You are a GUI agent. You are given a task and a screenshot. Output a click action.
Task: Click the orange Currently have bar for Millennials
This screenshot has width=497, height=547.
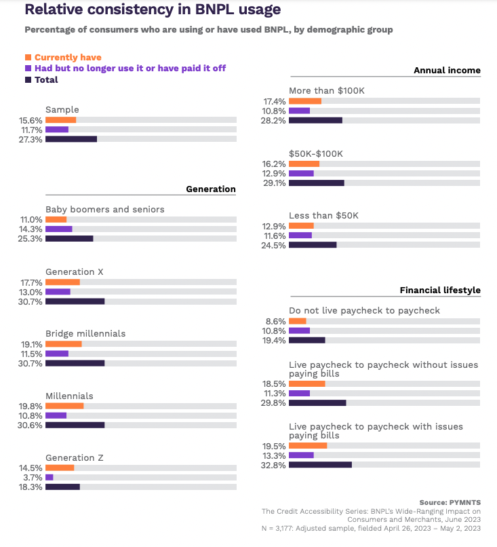click(64, 406)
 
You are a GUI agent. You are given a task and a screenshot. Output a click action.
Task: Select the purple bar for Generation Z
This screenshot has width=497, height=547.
click(49, 477)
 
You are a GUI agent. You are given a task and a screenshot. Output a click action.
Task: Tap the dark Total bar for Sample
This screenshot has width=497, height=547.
click(71, 139)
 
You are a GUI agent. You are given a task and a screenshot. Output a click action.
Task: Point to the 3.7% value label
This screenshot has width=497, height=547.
click(33, 477)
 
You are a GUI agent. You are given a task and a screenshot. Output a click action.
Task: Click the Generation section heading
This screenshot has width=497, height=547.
click(211, 189)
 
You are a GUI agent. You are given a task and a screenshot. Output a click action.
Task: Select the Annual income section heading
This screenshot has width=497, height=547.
click(447, 70)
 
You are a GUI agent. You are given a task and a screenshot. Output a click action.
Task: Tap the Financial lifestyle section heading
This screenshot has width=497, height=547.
click(440, 290)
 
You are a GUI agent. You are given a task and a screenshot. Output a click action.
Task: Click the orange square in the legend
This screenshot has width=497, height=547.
click(28, 58)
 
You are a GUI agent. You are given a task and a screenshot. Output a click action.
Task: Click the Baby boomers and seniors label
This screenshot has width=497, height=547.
click(104, 209)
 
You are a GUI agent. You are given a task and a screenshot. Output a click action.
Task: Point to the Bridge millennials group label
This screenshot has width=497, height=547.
click(85, 334)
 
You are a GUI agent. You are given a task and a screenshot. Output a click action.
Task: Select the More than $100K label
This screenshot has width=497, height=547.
click(327, 90)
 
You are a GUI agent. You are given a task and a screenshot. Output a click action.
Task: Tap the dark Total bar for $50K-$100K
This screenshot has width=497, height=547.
click(317, 183)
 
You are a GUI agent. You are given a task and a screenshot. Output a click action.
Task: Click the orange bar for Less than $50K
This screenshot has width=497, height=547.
click(301, 225)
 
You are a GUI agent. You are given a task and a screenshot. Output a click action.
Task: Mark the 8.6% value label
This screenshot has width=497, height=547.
click(276, 321)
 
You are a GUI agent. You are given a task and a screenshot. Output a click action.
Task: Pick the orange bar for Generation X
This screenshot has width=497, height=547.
click(62, 282)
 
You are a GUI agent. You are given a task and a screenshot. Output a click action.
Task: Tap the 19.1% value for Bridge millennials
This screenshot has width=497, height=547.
click(31, 344)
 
